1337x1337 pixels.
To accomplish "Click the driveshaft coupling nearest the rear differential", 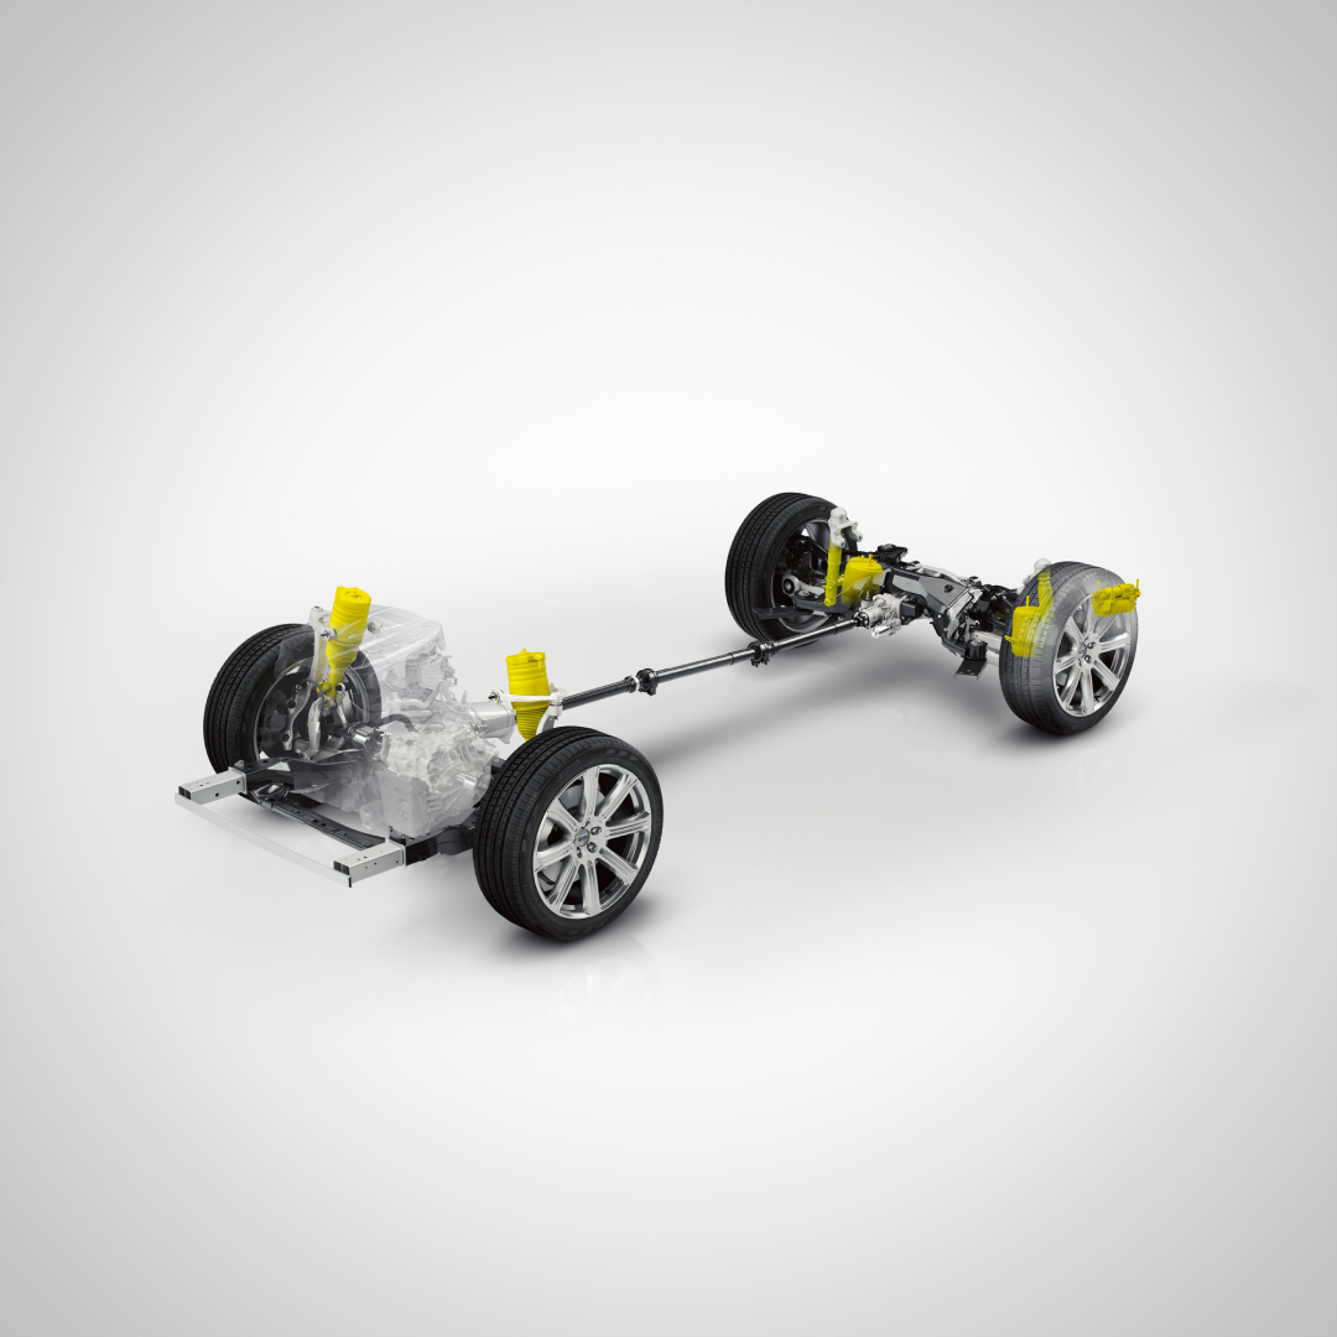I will pyautogui.click(x=761, y=650).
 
